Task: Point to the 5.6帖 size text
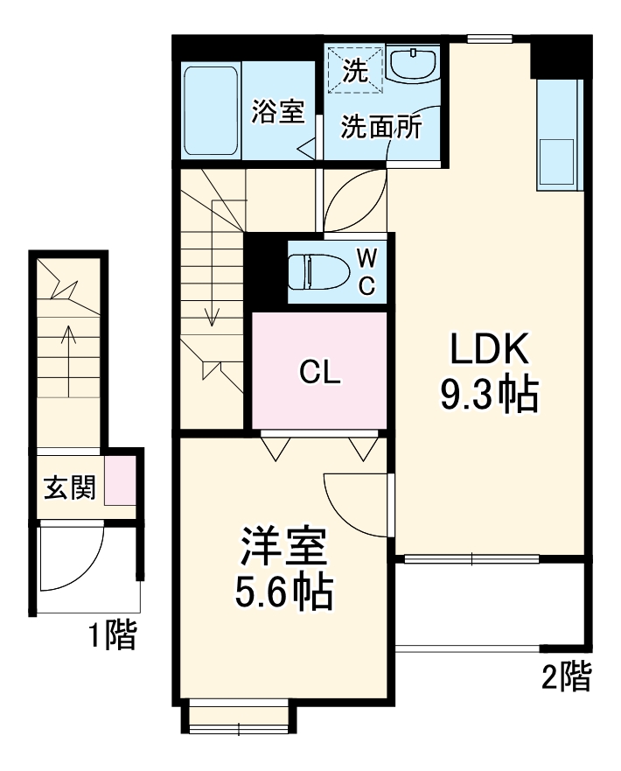(x=283, y=594)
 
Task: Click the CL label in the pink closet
(x=319, y=373)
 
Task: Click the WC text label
(x=367, y=271)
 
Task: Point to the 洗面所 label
(x=381, y=128)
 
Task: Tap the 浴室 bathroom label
(x=278, y=112)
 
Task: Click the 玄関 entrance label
(x=69, y=488)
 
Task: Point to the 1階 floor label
(x=112, y=636)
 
